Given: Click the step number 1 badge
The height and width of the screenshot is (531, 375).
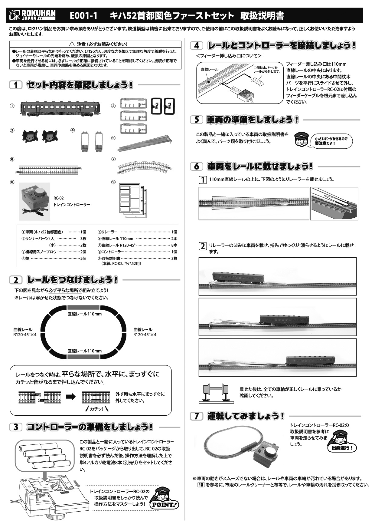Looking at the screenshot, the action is pyautogui.click(x=16, y=85).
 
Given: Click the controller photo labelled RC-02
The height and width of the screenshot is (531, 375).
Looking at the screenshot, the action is pyautogui.click(x=34, y=201).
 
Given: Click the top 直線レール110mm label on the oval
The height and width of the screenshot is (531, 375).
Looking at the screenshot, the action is pyautogui.click(x=85, y=314).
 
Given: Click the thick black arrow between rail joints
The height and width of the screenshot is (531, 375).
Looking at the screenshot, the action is pyautogui.click(x=71, y=397).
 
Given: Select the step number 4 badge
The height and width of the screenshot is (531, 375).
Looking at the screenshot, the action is pyautogui.click(x=197, y=46).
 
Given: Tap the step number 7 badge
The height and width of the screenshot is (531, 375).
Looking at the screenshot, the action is pyautogui.click(x=197, y=416).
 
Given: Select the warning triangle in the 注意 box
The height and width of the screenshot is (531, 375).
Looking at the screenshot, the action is pyautogui.click(x=72, y=45).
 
